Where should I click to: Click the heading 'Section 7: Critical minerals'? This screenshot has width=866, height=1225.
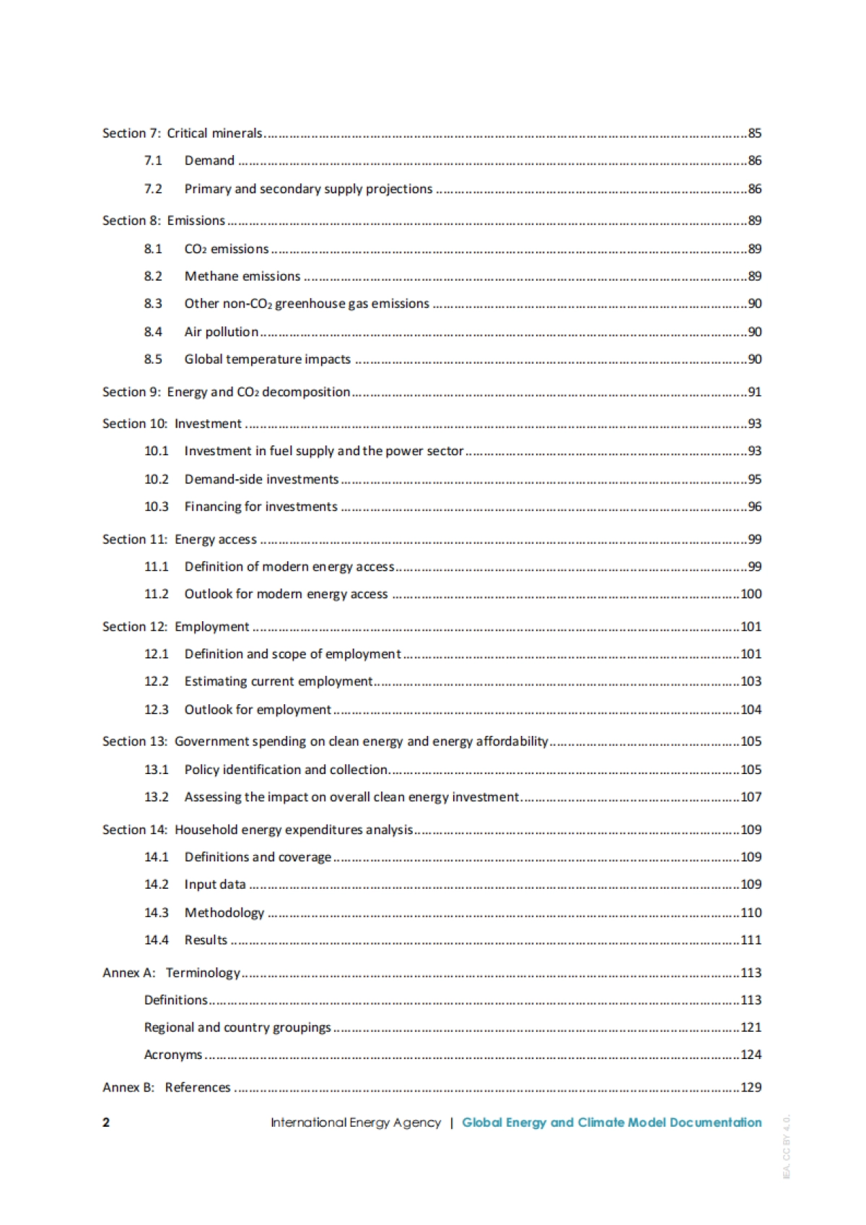(182, 133)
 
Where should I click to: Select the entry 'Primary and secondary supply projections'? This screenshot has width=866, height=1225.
(308, 189)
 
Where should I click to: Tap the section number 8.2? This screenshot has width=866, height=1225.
(153, 276)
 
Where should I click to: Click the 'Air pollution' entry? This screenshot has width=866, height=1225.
(221, 332)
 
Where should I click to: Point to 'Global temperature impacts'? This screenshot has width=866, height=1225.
(267, 359)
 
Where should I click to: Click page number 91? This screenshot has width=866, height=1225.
(754, 392)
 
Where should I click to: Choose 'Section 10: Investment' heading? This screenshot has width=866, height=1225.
(172, 423)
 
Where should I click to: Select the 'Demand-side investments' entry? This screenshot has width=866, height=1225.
(261, 480)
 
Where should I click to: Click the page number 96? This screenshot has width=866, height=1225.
(754, 507)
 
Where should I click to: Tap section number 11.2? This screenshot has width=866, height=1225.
(156, 594)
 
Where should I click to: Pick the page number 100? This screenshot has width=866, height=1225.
(751, 594)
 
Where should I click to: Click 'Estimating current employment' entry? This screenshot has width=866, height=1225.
(278, 682)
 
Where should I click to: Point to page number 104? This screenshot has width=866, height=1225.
(751, 710)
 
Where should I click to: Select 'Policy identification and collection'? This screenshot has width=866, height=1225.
(286, 770)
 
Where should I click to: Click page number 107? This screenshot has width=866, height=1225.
(751, 797)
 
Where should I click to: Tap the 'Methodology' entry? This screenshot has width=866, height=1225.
(224, 913)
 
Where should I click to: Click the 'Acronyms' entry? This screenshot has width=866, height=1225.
(173, 1055)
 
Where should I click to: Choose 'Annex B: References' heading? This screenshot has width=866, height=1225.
(166, 1088)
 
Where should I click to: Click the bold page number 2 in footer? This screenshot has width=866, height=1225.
(106, 1123)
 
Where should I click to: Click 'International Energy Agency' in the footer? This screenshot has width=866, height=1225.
(355, 1123)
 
